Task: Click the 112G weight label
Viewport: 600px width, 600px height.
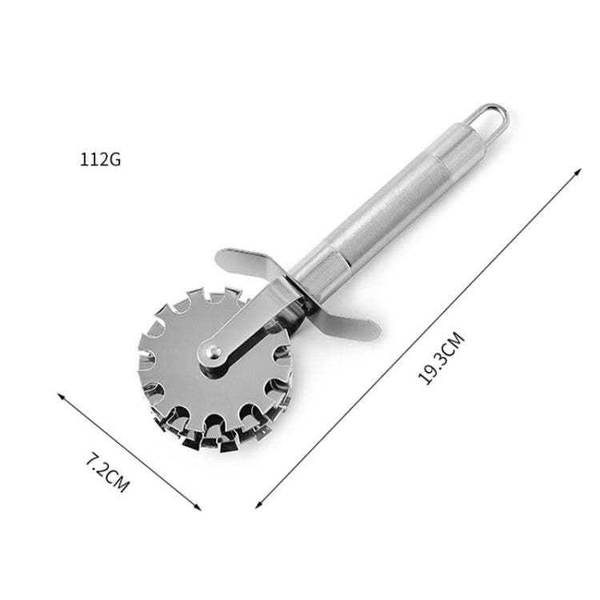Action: point(100,158)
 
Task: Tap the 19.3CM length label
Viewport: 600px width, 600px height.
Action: point(441,361)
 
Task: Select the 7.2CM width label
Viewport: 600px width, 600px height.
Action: point(107,472)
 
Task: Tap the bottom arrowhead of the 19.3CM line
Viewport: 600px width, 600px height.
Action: point(258,505)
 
